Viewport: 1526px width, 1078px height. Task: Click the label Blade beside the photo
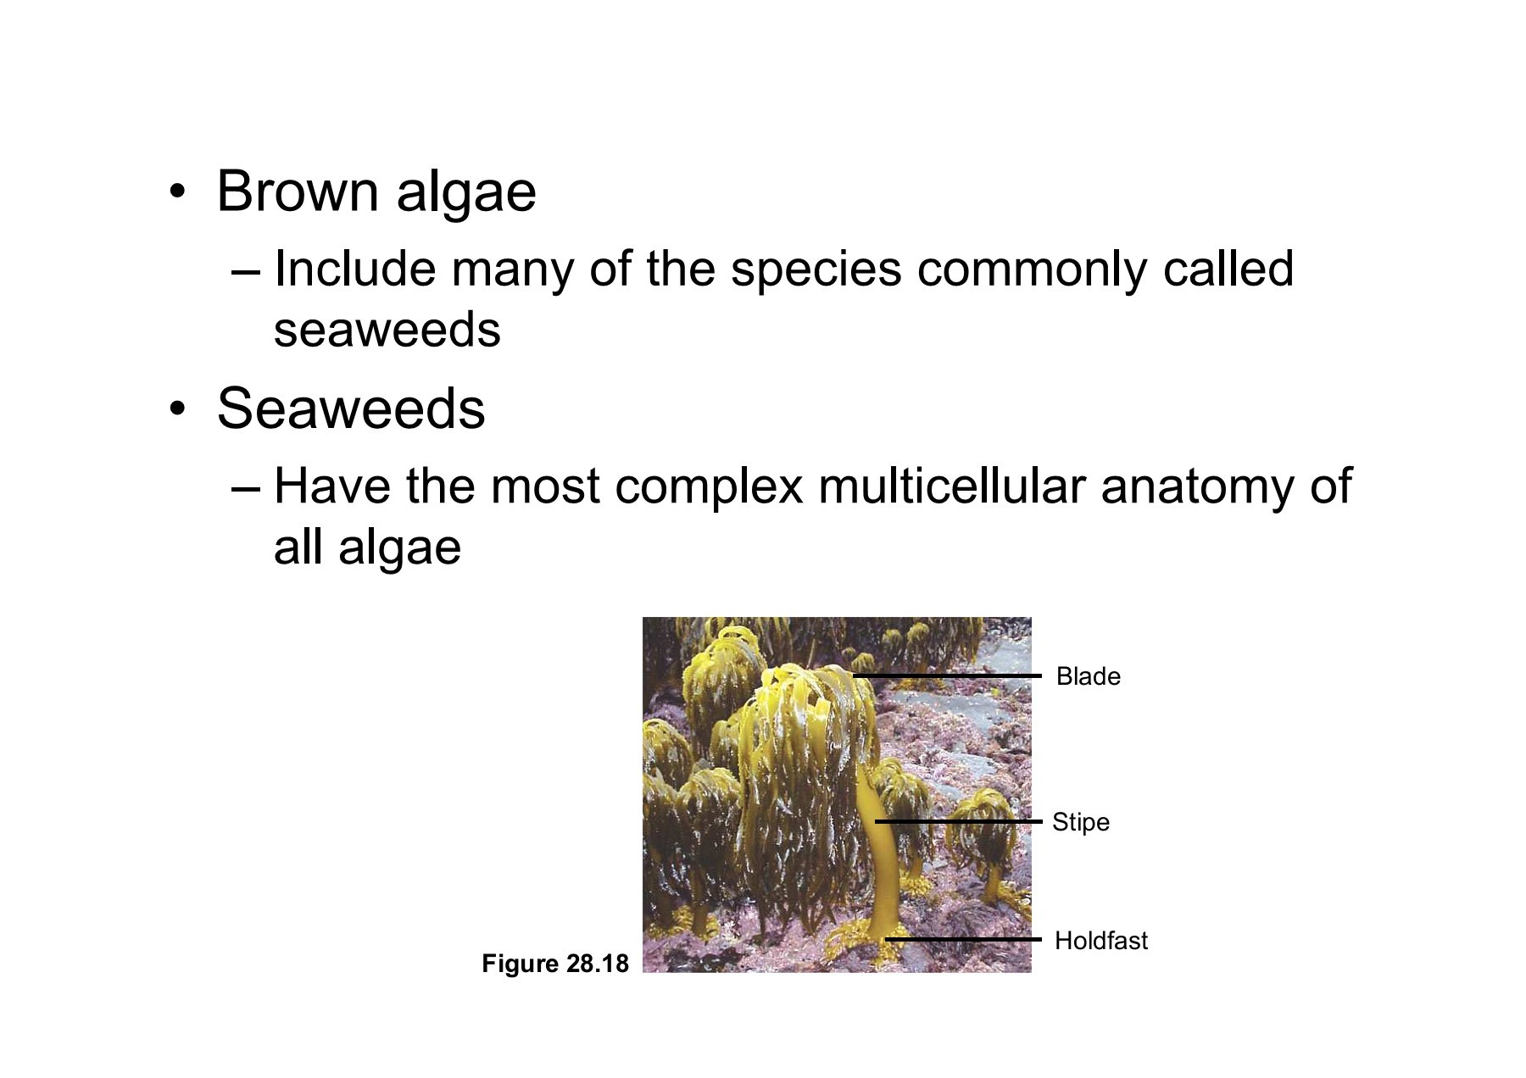[x=1088, y=676]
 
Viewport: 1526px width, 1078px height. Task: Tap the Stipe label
[x=1080, y=822]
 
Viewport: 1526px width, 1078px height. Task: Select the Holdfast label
[x=1100, y=940]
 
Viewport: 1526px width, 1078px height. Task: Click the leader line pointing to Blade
[x=946, y=675]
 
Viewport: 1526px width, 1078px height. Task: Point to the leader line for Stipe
[x=958, y=821]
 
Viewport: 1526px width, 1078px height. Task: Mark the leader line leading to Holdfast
[x=963, y=939]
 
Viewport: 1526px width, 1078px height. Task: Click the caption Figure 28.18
[x=555, y=964]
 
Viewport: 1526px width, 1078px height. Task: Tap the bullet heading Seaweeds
[x=351, y=408]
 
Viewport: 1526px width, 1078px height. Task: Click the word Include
[x=355, y=269]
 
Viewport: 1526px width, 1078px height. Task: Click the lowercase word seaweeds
[x=387, y=330]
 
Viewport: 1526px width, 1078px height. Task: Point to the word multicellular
[x=951, y=486]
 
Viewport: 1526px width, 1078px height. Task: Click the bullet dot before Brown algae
[x=176, y=192]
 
